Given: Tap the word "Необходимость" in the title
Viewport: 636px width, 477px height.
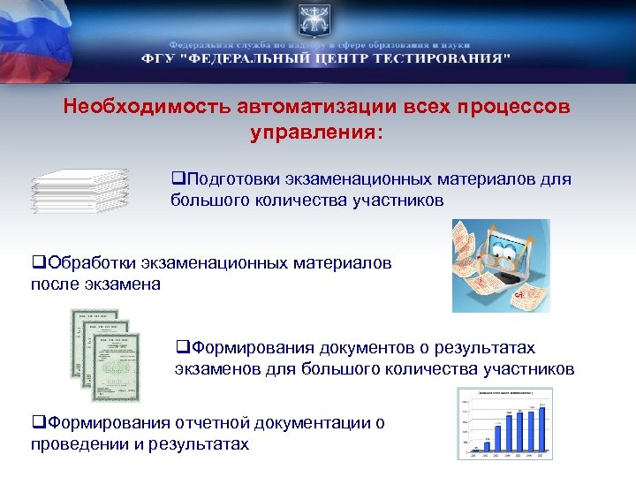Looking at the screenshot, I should (x=147, y=106).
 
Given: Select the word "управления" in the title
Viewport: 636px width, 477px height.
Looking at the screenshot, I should (x=314, y=132).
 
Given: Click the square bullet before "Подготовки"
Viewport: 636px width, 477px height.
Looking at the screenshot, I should (x=177, y=179).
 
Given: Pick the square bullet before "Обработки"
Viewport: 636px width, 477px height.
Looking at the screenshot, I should (x=36, y=262).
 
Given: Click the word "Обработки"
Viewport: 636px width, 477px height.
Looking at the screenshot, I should (x=89, y=262).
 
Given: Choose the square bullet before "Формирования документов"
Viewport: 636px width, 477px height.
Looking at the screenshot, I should (x=180, y=348).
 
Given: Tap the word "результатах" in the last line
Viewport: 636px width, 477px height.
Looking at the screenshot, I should (x=194, y=443).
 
